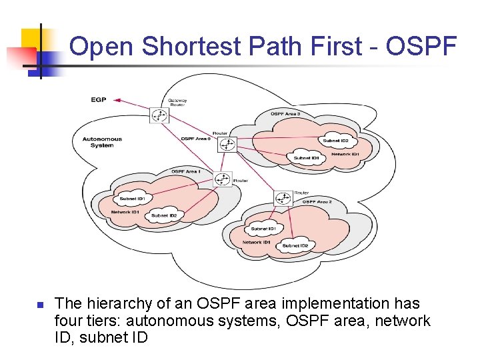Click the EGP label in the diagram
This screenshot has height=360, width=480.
click(98, 100)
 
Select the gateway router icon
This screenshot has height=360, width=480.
click(159, 115)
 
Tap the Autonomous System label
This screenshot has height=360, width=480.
click(102, 142)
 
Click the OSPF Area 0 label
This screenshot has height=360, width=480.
click(195, 139)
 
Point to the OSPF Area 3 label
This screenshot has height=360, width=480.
click(285, 114)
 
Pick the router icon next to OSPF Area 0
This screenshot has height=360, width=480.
click(228, 144)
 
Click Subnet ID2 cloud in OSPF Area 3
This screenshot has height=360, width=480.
click(336, 141)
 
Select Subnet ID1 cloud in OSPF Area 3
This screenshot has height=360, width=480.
click(306, 158)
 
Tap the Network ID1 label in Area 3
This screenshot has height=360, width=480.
click(345, 154)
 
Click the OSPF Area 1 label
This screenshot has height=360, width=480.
click(186, 172)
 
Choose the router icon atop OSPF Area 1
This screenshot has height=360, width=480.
click(223, 179)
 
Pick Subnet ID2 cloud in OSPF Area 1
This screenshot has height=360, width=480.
click(163, 215)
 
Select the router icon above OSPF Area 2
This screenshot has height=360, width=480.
click(283, 198)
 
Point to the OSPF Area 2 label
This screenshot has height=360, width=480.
click(317, 201)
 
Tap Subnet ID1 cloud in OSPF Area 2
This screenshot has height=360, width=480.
click(263, 229)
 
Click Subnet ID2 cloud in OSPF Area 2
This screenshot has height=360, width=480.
click(295, 245)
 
